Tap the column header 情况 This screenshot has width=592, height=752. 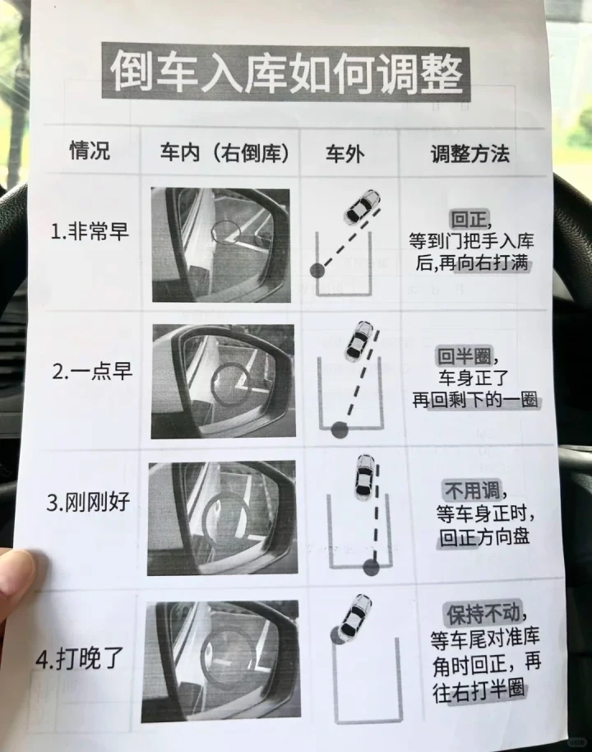(x=90, y=150)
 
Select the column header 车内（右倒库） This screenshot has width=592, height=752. (x=224, y=153)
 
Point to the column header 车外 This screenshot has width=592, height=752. (x=345, y=154)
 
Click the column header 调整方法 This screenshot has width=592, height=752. (x=469, y=154)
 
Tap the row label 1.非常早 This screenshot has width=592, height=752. (x=90, y=231)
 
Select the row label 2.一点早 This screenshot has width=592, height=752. (x=92, y=371)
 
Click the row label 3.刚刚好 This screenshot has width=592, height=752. (x=88, y=502)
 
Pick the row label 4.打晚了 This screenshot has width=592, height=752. (x=80, y=658)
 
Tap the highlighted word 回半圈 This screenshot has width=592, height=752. (x=464, y=356)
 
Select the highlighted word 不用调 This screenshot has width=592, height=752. (x=473, y=491)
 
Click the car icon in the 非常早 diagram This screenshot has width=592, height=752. (x=362, y=207)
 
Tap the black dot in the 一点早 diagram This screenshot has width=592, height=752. (x=340, y=429)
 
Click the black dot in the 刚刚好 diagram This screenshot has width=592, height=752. (x=371, y=568)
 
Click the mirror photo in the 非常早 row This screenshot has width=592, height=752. (x=221, y=244)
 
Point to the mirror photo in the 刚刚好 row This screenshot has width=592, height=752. (x=222, y=518)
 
